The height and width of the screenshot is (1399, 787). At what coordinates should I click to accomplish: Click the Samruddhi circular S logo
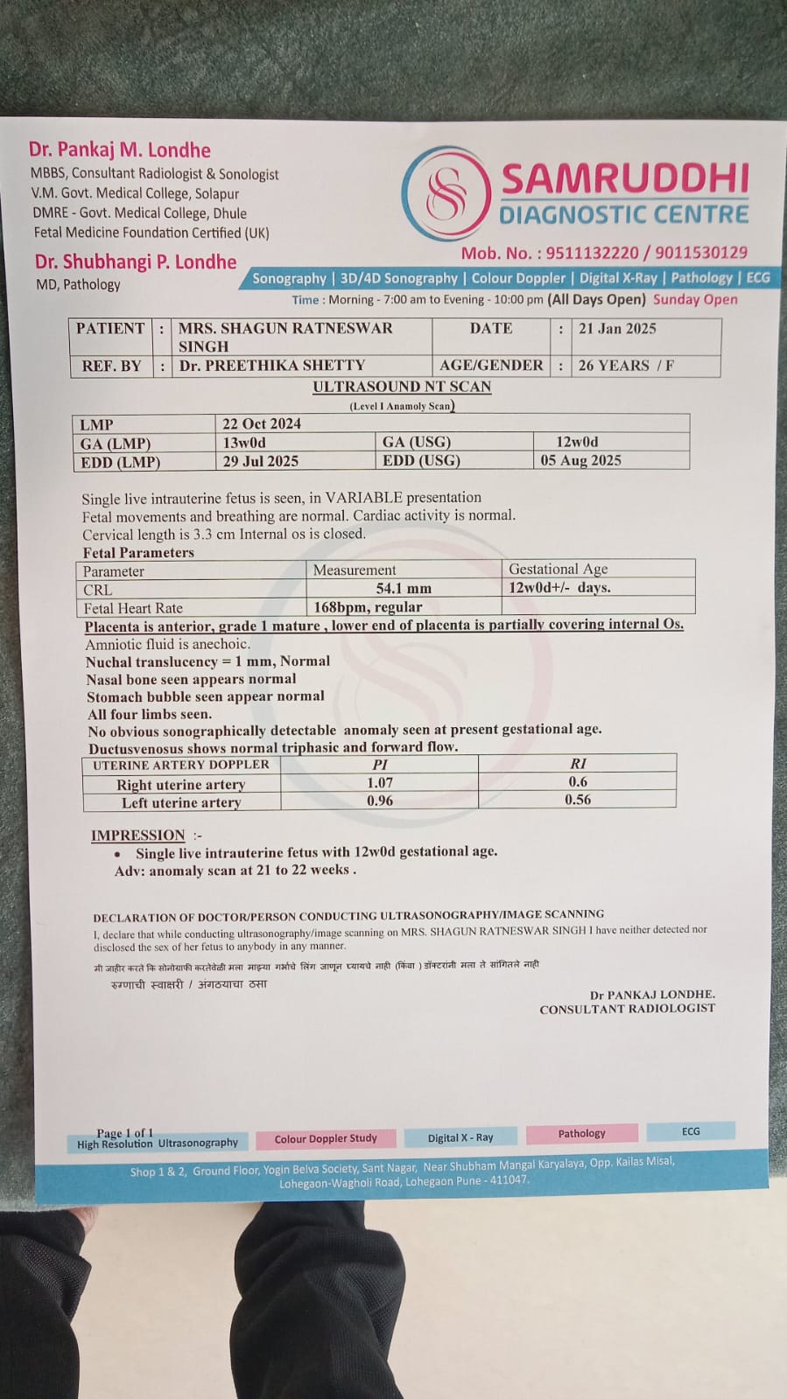click(446, 193)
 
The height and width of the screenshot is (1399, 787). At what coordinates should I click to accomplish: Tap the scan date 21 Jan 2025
click(616, 329)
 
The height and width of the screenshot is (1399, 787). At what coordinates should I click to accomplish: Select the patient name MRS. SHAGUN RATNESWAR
click(285, 329)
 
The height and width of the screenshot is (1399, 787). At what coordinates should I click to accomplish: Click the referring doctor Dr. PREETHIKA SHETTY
click(272, 366)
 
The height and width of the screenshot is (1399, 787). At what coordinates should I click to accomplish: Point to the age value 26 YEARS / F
click(625, 366)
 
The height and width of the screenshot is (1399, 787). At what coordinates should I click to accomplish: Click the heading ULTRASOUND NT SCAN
click(402, 387)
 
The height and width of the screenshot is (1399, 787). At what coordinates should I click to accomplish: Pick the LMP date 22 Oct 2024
click(262, 424)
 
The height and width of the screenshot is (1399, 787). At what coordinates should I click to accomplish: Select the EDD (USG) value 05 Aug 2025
click(580, 460)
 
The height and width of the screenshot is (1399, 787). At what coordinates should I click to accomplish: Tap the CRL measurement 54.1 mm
click(404, 589)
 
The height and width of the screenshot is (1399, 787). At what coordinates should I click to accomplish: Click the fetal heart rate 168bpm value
click(368, 607)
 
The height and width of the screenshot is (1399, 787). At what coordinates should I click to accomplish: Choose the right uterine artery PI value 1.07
click(380, 783)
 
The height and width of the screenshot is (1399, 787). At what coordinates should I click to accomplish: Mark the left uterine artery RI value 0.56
click(578, 800)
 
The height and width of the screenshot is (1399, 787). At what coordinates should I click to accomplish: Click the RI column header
click(578, 764)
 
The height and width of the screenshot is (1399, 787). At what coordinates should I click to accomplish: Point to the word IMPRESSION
click(138, 836)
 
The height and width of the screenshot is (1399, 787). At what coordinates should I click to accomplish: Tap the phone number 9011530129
click(701, 253)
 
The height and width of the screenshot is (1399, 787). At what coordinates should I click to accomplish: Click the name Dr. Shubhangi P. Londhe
click(136, 262)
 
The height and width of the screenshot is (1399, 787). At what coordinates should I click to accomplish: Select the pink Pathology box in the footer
click(581, 1134)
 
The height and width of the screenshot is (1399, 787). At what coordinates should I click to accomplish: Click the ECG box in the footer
click(691, 1131)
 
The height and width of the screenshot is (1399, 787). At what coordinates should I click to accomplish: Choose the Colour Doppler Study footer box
click(326, 1139)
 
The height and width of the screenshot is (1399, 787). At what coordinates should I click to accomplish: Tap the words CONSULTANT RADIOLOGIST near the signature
click(627, 1010)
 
